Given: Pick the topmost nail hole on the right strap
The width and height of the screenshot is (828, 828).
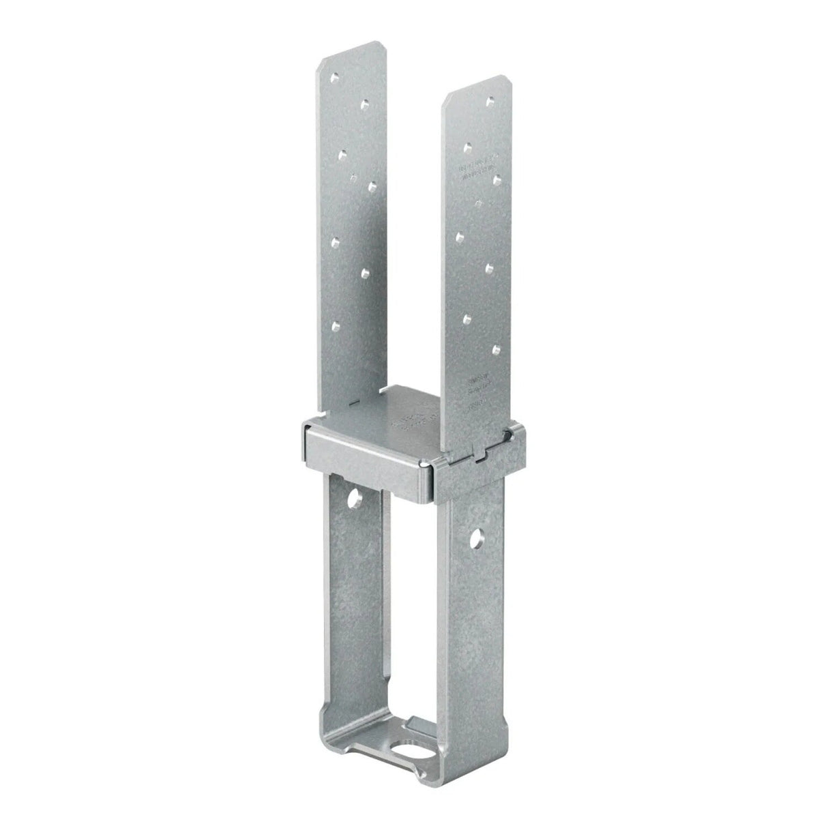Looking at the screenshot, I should tap(489, 101).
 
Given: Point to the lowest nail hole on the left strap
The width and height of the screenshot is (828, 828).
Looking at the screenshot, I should tap(335, 326).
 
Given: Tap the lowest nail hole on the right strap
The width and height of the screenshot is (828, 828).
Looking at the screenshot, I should tap(497, 349).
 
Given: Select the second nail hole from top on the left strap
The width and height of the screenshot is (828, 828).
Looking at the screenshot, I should tap(364, 104).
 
